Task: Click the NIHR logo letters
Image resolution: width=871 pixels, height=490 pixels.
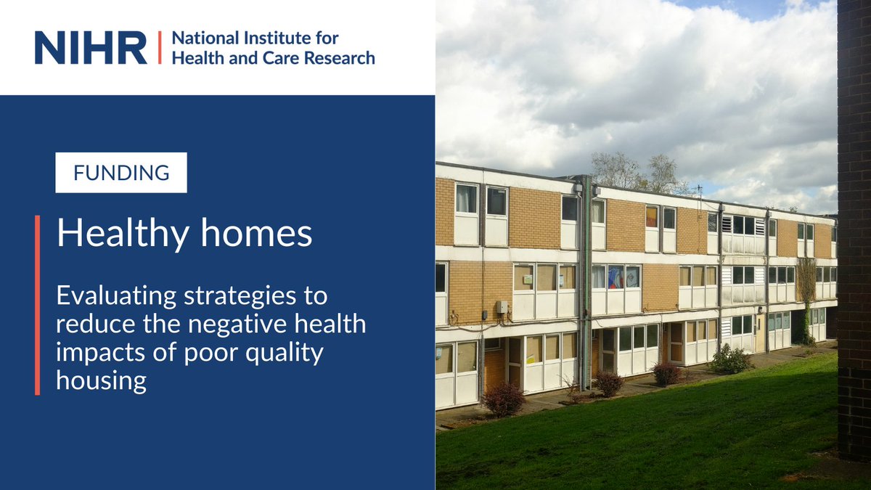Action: pyautogui.click(x=90, y=47)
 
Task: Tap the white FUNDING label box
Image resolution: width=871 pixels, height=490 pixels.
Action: pyautogui.click(x=121, y=173)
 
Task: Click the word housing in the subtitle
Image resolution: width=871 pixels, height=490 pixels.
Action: pyautogui.click(x=102, y=380)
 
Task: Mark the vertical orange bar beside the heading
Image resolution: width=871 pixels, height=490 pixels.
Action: pyautogui.click(x=37, y=305)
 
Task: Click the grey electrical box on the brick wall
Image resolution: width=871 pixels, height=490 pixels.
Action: pyautogui.click(x=502, y=306)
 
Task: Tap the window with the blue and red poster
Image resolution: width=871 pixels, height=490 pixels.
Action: pyautogui.click(x=616, y=277)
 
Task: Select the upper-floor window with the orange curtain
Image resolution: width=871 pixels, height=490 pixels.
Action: pyautogui.click(x=652, y=216)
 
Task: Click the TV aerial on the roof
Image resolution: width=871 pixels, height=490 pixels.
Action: pyautogui.click(x=699, y=190)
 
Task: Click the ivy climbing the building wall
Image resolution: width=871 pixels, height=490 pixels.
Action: pyautogui.click(x=806, y=290)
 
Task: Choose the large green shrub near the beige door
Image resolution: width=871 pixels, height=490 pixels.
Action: pyautogui.click(x=730, y=359)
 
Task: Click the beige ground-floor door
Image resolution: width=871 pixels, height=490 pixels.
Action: pyautogui.click(x=760, y=332)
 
